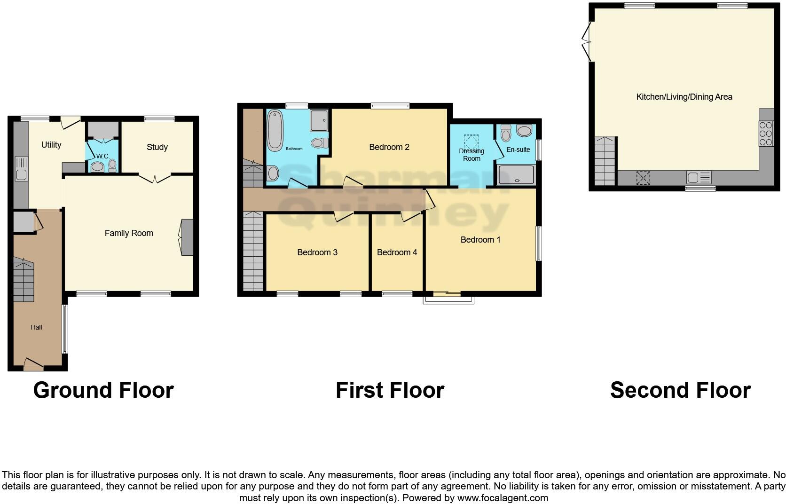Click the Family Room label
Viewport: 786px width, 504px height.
pyautogui.click(x=129, y=233)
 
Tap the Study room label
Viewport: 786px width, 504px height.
pyautogui.click(x=157, y=147)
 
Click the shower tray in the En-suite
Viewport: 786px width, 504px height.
pyautogui.click(x=516, y=174)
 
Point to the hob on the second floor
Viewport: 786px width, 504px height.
pyautogui.click(x=766, y=133)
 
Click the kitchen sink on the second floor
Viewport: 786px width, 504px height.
pyautogui.click(x=699, y=177)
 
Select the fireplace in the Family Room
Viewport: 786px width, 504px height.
pyautogui.click(x=188, y=237)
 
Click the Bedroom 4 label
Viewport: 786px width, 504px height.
pyautogui.click(x=397, y=252)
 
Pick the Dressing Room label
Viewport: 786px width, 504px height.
pyautogui.click(x=472, y=155)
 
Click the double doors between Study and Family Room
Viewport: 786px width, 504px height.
pyautogui.click(x=155, y=178)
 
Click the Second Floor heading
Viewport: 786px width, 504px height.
pyautogui.click(x=680, y=390)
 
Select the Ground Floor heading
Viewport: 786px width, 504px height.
pyautogui.click(x=103, y=390)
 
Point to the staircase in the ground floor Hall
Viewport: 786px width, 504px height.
pyautogui.click(x=24, y=281)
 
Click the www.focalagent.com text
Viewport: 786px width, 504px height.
pyautogui.click(x=503, y=497)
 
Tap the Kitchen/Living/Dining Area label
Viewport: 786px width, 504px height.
pyautogui.click(x=684, y=97)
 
